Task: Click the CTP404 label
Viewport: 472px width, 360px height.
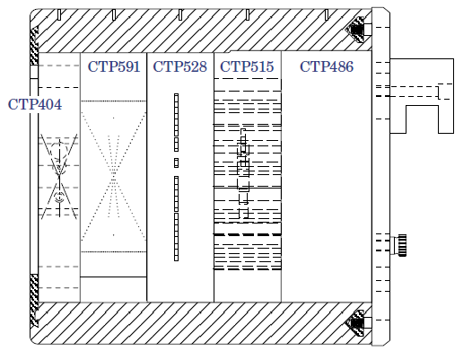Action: click(35, 104)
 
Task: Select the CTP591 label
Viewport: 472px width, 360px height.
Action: click(114, 66)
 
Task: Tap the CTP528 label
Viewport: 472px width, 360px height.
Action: click(180, 66)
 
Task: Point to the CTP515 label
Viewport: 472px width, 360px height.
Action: click(247, 66)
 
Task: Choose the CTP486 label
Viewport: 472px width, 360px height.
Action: click(327, 66)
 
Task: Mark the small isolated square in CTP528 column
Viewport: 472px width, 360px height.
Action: click(176, 162)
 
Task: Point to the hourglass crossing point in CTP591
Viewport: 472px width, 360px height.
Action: click(113, 176)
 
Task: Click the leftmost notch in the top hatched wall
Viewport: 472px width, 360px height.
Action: click(59, 14)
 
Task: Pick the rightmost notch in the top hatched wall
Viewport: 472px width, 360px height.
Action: click(327, 14)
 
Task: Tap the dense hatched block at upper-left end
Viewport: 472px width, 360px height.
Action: click(34, 46)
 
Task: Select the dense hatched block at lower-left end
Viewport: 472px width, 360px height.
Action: click(34, 301)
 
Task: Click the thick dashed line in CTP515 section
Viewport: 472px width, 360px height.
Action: click(248, 234)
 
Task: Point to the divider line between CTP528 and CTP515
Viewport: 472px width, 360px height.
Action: click(214, 177)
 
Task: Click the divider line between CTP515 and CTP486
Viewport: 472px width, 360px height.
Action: click(281, 176)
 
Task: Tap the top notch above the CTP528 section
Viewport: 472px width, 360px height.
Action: click(180, 14)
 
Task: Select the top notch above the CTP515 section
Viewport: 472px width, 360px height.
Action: click(248, 14)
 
